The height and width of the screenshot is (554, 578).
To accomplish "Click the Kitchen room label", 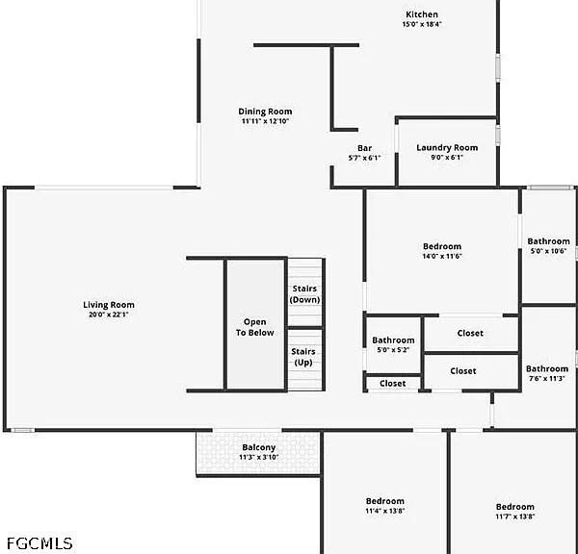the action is (x=422, y=14).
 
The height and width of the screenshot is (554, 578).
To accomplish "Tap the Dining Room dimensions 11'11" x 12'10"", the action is (x=265, y=121).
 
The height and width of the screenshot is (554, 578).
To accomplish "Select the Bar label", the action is (x=364, y=148).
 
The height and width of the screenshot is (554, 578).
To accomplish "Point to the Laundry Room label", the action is (x=447, y=148).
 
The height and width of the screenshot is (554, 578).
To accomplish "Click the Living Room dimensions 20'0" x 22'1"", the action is (x=108, y=315).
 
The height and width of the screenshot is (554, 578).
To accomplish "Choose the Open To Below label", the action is (x=254, y=327).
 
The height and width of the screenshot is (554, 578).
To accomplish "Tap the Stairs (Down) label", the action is (x=304, y=294).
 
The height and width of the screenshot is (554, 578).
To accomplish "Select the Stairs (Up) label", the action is (x=303, y=357).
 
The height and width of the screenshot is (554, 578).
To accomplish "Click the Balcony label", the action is (x=259, y=447).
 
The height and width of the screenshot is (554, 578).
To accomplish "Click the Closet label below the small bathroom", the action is (x=393, y=384).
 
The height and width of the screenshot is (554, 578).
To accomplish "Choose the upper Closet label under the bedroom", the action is (x=470, y=333).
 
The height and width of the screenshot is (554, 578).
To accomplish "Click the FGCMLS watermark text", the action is (x=39, y=543).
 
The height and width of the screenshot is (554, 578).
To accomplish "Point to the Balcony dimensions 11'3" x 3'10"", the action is (x=259, y=457).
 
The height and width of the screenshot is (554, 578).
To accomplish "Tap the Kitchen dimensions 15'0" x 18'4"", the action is (x=422, y=24).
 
